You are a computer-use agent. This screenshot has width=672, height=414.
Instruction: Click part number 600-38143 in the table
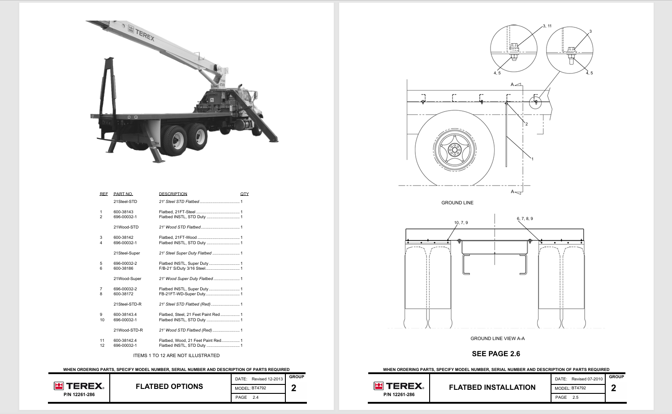(x=123, y=212)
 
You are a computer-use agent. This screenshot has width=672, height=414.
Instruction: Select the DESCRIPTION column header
(x=173, y=194)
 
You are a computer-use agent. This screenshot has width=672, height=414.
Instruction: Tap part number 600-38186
(x=123, y=268)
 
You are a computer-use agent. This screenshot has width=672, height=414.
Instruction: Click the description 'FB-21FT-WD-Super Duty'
(x=182, y=294)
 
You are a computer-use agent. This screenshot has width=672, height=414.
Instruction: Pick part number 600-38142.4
(x=125, y=341)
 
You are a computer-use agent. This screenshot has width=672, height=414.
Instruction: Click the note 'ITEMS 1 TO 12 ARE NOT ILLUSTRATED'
(x=176, y=356)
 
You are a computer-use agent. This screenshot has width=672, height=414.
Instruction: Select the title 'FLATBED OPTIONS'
(x=169, y=387)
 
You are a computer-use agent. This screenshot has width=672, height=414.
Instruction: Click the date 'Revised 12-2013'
(x=267, y=379)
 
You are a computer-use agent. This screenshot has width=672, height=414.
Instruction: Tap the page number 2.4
(x=255, y=397)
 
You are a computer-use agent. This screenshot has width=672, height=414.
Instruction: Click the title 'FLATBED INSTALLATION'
(x=492, y=388)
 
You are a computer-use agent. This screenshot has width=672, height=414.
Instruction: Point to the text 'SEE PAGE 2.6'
(x=496, y=354)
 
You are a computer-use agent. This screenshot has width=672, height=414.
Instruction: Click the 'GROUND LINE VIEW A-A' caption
(x=497, y=339)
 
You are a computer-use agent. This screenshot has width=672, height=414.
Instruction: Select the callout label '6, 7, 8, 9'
(x=525, y=219)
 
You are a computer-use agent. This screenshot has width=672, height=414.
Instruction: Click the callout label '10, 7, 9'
(x=461, y=223)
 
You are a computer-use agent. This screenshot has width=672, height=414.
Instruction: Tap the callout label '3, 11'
(x=547, y=26)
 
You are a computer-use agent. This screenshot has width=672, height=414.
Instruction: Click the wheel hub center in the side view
(x=455, y=150)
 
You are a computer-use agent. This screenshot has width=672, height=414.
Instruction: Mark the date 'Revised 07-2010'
(x=587, y=379)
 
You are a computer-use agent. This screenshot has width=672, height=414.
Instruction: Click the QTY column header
(x=244, y=194)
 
